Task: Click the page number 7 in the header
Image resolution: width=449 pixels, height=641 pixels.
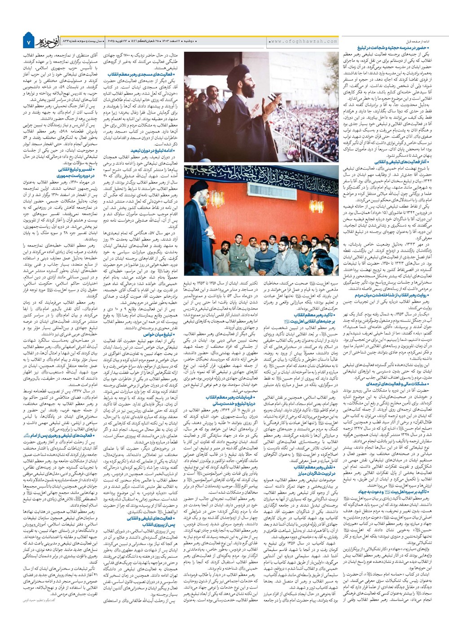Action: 28,42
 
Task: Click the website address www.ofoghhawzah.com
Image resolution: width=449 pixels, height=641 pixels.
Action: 303,41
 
